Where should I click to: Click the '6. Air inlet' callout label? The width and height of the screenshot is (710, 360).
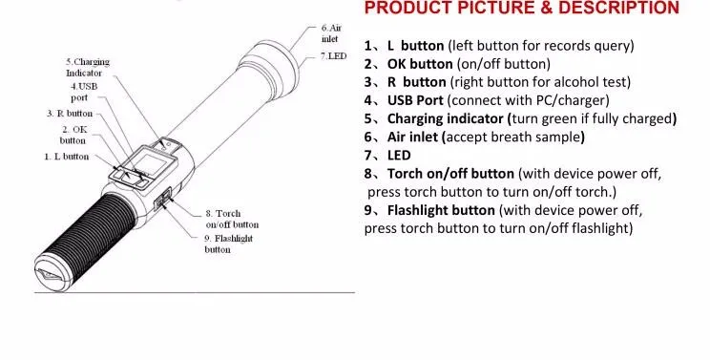pyautogui.click(x=331, y=33)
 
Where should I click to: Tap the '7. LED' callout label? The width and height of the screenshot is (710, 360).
pyautogui.click(x=334, y=56)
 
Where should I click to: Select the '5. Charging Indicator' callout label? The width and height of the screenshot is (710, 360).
pyautogui.click(x=88, y=67)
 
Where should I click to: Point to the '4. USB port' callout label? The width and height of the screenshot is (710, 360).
pyautogui.click(x=83, y=92)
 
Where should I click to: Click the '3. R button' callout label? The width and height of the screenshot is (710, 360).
pyautogui.click(x=70, y=114)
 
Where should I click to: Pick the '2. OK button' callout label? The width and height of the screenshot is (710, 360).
pyautogui.click(x=73, y=135)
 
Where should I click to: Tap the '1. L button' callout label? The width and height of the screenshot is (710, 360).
pyautogui.click(x=67, y=157)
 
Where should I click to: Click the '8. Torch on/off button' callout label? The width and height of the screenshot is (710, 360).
pyautogui.click(x=232, y=219)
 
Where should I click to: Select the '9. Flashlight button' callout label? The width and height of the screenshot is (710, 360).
pyautogui.click(x=228, y=244)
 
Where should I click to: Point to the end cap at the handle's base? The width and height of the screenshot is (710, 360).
pyautogui.click(x=49, y=273)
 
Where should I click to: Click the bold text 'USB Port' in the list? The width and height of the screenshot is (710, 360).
pyautogui.click(x=415, y=100)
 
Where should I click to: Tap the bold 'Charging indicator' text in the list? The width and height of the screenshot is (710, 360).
pyautogui.click(x=445, y=118)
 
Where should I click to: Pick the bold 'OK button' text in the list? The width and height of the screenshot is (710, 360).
pyautogui.click(x=420, y=64)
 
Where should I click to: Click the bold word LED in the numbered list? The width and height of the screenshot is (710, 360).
pyautogui.click(x=399, y=156)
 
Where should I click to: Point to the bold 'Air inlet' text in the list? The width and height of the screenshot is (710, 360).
pyautogui.click(x=412, y=137)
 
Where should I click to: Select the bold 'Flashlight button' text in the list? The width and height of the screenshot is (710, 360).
pyautogui.click(x=441, y=210)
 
